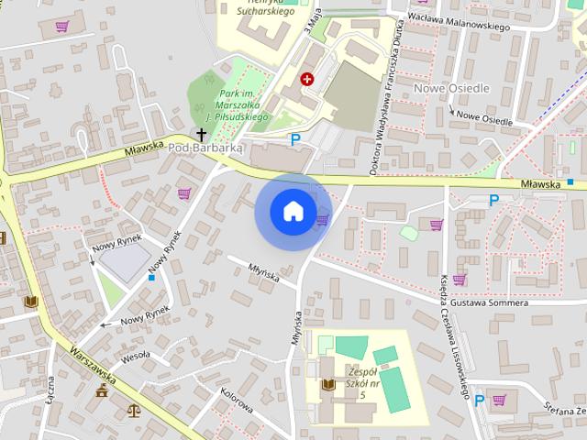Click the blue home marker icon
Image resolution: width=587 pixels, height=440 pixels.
(293, 211)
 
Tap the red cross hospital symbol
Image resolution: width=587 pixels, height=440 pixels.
(307, 80)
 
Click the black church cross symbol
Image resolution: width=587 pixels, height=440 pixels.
(201, 135)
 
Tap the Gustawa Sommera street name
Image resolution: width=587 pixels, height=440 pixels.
(482, 302)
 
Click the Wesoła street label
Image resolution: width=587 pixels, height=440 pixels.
(136, 355)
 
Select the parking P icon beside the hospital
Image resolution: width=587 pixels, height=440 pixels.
(294, 139)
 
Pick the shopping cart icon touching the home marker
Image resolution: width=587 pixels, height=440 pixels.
(322, 220)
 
